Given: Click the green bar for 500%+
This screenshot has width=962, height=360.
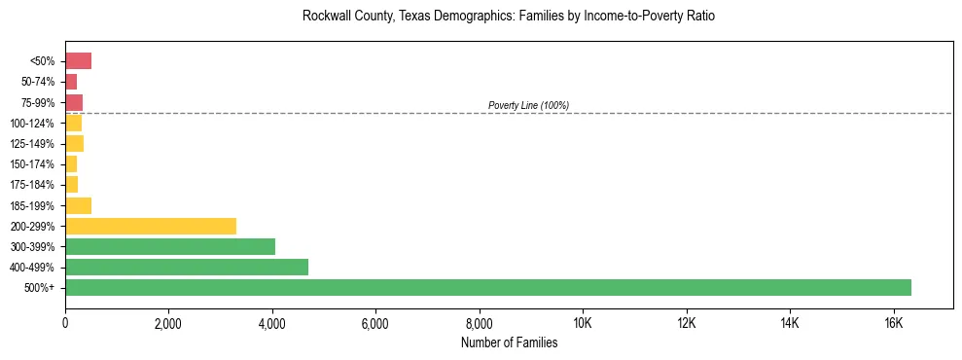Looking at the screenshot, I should click(487, 287).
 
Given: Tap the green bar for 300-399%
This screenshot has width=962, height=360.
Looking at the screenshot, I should click(170, 246).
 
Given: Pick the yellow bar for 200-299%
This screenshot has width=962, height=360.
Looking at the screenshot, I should click(151, 226).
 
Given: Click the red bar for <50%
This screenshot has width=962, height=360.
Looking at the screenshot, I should click(78, 61).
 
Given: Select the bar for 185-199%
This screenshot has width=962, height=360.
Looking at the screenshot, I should click(78, 205).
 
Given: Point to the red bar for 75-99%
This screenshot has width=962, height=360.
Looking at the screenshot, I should click(74, 102).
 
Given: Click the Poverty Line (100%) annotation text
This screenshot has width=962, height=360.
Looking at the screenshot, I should click(528, 105).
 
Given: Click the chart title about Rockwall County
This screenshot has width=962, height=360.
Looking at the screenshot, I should click(509, 17).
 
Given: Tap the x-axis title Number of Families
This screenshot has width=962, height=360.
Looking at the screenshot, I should click(509, 342).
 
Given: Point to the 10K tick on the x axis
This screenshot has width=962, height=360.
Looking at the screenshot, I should click(583, 323).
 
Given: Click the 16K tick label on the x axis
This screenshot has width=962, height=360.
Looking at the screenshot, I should click(893, 323).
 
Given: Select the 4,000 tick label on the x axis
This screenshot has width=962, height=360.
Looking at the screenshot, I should click(272, 323).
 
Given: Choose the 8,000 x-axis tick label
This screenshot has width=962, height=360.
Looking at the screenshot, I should click(480, 323).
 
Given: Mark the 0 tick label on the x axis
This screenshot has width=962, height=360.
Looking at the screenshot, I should click(65, 323).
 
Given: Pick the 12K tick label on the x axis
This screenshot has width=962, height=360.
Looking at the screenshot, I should click(686, 323).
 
